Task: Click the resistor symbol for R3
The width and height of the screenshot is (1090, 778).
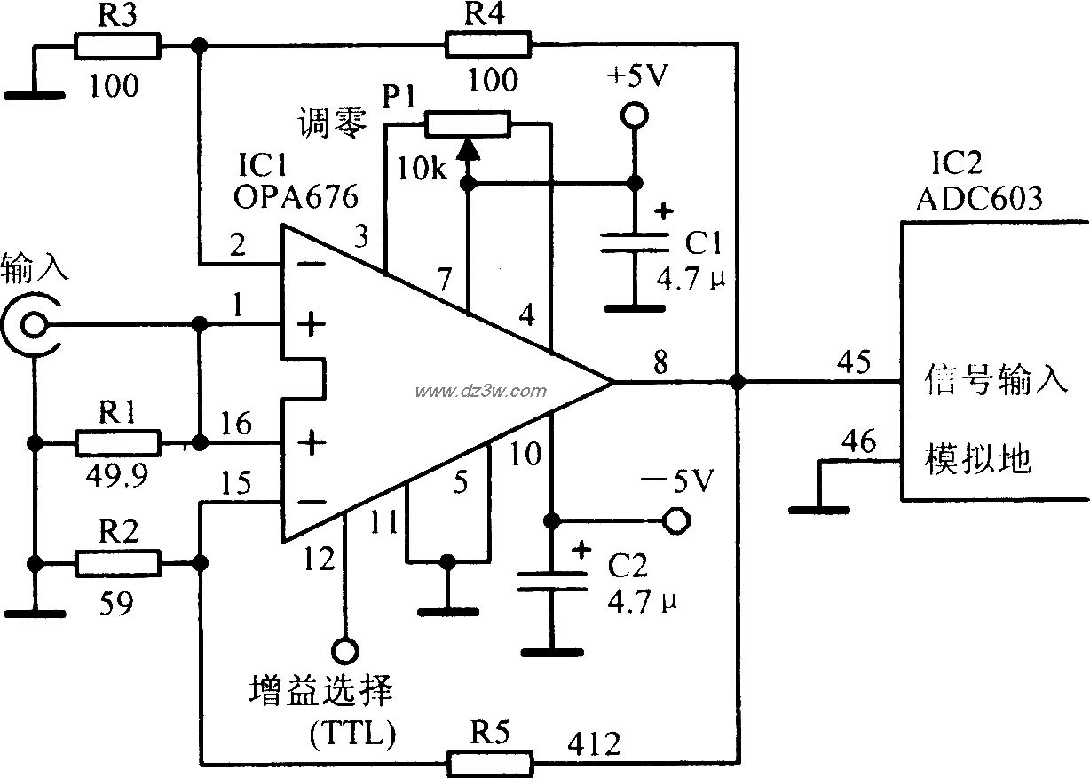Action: [x=117, y=45]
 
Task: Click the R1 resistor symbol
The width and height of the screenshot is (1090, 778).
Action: [x=117, y=442]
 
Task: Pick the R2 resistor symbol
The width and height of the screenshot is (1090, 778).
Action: [x=117, y=563]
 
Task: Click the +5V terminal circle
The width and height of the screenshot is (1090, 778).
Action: [x=633, y=115]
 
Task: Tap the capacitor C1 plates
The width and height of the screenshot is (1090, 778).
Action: [x=633, y=242]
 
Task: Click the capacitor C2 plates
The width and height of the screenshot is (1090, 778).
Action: [x=551, y=580]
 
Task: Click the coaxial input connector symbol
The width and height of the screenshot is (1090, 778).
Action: [x=32, y=326]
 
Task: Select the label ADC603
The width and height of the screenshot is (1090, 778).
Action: [x=979, y=197]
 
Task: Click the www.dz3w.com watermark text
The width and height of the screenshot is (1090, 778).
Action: [x=479, y=391]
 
